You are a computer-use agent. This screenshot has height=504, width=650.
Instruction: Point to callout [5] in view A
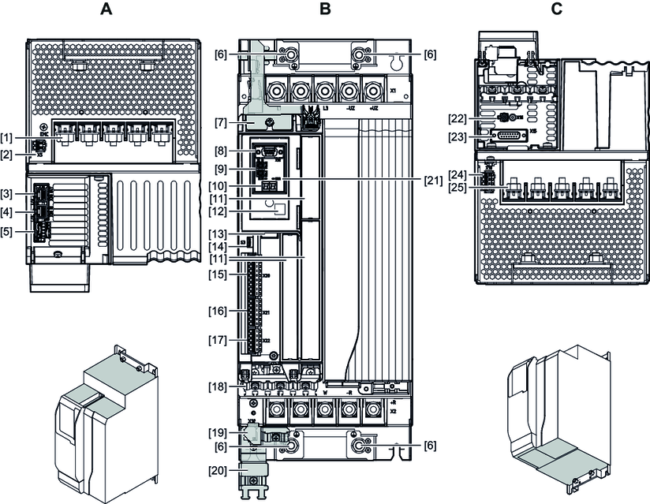[x=12, y=233]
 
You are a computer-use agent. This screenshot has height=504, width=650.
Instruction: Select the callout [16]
[x=218, y=312]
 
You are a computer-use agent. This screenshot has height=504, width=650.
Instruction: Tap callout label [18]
[x=218, y=386]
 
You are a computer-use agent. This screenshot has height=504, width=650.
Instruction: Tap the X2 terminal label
[x=393, y=410]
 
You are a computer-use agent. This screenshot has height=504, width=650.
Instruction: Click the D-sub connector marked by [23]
[x=510, y=136]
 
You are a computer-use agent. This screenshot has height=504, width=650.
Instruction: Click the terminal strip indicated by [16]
[x=254, y=312]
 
